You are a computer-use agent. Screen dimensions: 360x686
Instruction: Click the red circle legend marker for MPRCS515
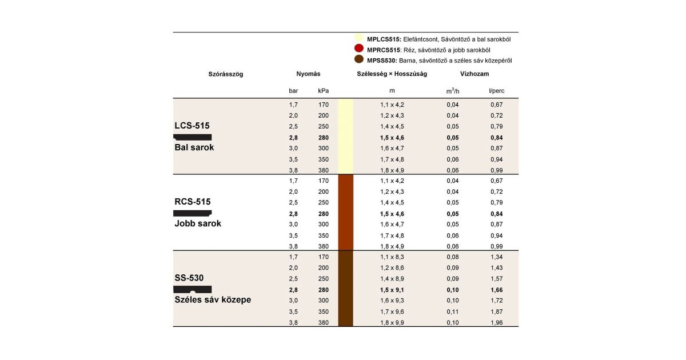[x=360, y=49]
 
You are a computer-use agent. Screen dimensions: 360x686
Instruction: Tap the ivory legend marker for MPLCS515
[x=360, y=39]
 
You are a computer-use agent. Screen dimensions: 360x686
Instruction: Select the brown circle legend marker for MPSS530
[x=360, y=59]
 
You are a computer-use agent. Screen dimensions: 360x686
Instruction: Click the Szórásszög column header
[x=226, y=74]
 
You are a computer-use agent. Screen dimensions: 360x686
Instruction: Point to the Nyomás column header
[x=308, y=74]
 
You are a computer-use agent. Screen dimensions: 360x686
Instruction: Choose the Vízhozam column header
[x=474, y=74]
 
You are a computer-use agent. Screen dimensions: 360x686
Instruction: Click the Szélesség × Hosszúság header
[x=392, y=74]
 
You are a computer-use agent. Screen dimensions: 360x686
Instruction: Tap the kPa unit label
[x=323, y=90]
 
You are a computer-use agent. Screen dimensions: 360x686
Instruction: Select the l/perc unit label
[x=496, y=90]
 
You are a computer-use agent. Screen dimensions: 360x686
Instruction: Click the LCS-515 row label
[x=193, y=125]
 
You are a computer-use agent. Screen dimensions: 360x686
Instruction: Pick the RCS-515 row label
[x=193, y=202]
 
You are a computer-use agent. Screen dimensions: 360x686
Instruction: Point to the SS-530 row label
[x=189, y=278]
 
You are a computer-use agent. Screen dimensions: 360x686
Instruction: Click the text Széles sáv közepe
[x=213, y=299]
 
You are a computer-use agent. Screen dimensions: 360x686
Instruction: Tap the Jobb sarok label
[x=198, y=223]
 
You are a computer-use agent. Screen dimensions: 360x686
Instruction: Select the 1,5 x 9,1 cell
[x=392, y=290]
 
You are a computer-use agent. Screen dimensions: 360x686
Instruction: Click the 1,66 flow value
[x=496, y=290]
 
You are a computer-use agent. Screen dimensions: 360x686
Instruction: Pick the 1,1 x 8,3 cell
[x=392, y=257]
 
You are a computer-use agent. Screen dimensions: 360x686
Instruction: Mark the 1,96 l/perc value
[x=496, y=322]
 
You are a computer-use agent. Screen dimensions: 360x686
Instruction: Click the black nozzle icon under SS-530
[x=193, y=289]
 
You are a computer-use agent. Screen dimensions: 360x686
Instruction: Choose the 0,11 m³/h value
[x=453, y=311]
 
